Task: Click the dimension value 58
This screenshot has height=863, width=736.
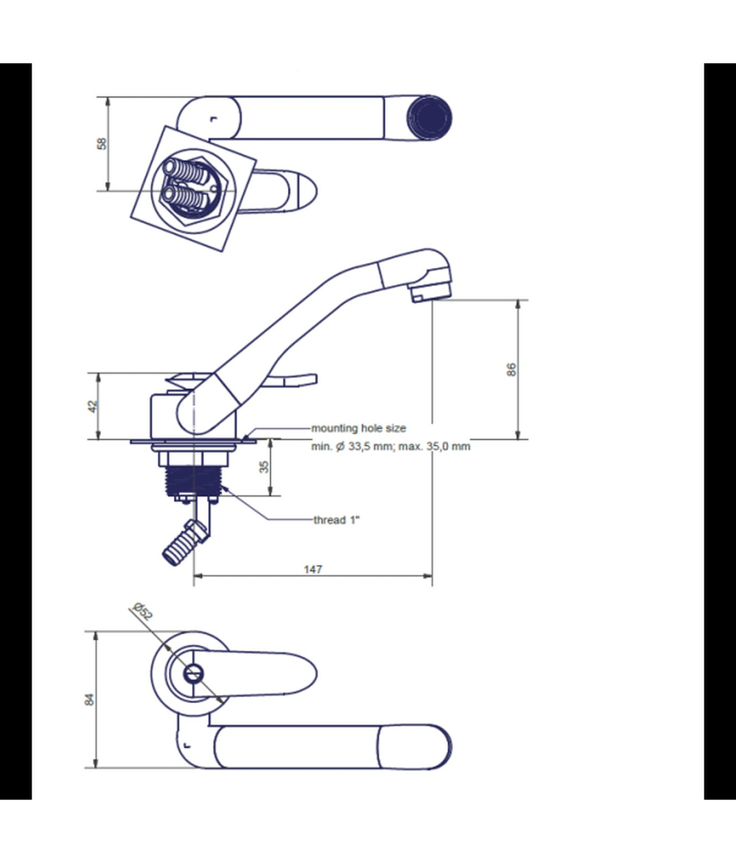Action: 102,144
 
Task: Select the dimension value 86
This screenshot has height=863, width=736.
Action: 511,369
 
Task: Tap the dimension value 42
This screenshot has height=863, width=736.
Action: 92,406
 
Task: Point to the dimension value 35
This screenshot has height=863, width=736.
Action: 264,466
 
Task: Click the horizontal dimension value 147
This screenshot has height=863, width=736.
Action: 313,569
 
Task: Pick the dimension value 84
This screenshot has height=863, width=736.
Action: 89,699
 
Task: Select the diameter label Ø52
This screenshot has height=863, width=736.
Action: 142,611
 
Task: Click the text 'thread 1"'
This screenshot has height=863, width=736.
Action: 336,520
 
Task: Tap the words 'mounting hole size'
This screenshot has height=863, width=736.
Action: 358,428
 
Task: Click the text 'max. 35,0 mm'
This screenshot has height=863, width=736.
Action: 434,446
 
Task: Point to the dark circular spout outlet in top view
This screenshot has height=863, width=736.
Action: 429,117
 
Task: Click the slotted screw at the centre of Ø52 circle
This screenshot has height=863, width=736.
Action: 193,673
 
